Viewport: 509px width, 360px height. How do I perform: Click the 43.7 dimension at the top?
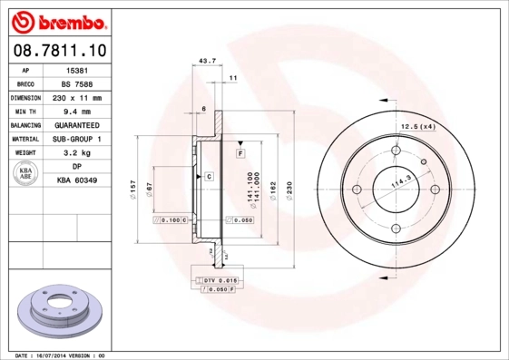pyautogui.click(x=206, y=62)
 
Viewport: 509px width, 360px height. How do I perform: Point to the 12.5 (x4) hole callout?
pyautogui.click(x=418, y=126)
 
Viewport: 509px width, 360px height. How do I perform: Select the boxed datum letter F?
pyautogui.click(x=241, y=154)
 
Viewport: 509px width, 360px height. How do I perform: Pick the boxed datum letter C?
pyautogui.click(x=209, y=175)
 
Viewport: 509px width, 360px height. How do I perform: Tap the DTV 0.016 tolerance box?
pyautogui.click(x=216, y=281)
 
